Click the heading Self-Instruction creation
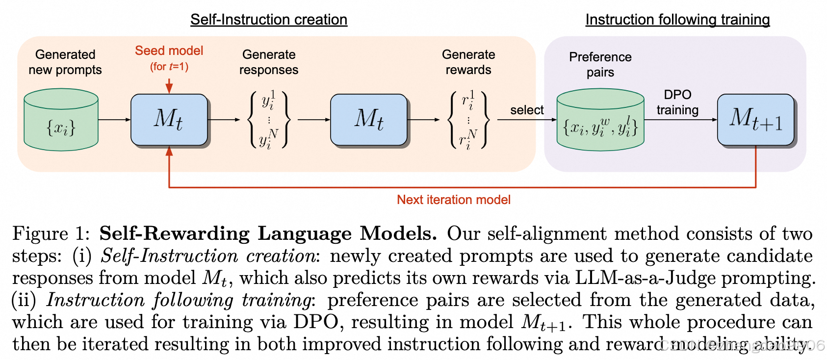click(269, 20)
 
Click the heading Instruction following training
click(677, 20)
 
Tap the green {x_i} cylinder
click(61, 120)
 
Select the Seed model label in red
click(169, 51)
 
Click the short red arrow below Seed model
click(169, 85)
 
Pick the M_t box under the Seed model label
click(169, 120)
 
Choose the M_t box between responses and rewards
click(369, 120)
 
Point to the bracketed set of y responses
click(269, 120)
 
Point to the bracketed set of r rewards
click(468, 120)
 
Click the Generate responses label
click(269, 62)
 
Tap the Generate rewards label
click(468, 62)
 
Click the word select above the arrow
click(527, 110)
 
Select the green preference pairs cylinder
click(600, 120)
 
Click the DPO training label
click(677, 102)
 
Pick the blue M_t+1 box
click(755, 120)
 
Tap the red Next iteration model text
click(454, 200)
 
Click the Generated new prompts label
click(65, 62)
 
